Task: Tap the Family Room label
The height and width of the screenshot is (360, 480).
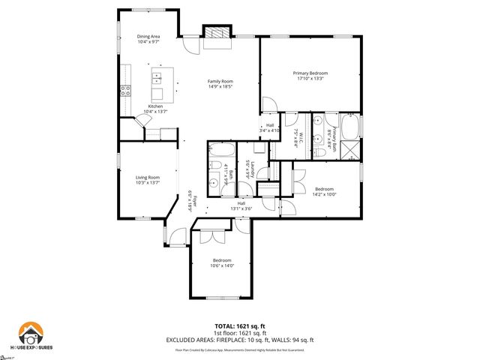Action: (220, 81)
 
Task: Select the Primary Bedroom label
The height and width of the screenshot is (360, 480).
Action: (310, 73)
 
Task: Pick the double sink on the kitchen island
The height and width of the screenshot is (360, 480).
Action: (158, 77)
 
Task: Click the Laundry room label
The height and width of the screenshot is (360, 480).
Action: (253, 169)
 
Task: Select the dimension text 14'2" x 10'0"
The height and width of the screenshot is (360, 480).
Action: (325, 193)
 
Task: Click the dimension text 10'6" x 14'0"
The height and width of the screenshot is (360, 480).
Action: (222, 265)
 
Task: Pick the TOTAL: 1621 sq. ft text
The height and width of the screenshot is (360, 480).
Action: (239, 325)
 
